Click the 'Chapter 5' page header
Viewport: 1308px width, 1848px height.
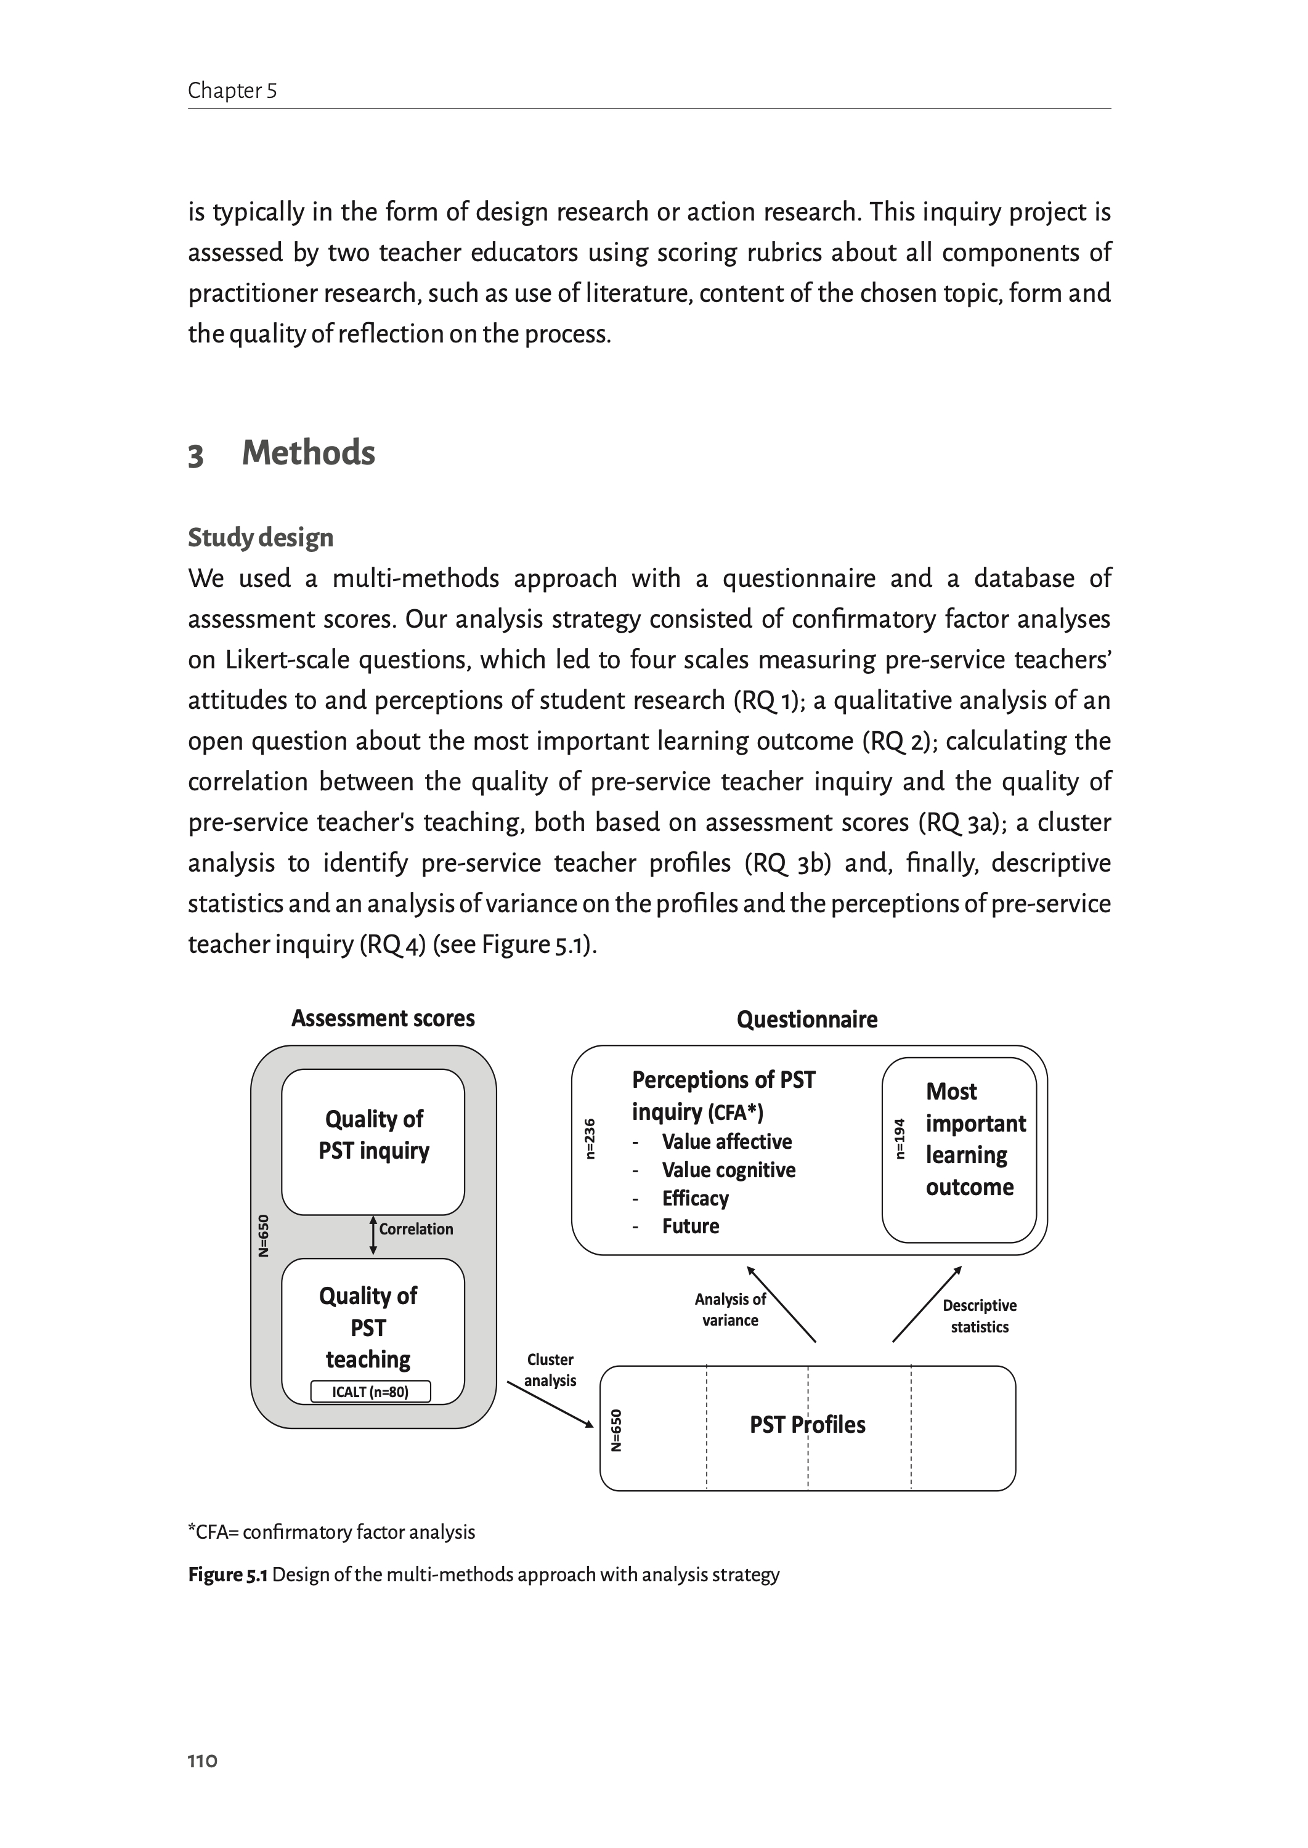click(232, 90)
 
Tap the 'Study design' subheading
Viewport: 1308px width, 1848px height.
click(260, 537)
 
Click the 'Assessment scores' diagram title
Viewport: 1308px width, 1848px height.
click(383, 1019)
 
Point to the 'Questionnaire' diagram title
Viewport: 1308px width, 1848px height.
click(806, 1019)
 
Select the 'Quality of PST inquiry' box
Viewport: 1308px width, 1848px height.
click(373, 1140)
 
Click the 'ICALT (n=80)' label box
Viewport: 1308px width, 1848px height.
click(370, 1392)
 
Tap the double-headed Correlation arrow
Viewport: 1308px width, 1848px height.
click(373, 1235)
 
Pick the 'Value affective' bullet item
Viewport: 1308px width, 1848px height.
click(726, 1142)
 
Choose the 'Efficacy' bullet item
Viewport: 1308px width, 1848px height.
click(695, 1198)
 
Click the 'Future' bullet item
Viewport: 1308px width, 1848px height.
click(690, 1226)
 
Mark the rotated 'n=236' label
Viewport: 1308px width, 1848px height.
click(590, 1138)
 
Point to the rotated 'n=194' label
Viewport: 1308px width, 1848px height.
click(900, 1138)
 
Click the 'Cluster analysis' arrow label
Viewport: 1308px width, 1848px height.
click(550, 1370)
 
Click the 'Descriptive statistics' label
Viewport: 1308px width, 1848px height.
click(980, 1316)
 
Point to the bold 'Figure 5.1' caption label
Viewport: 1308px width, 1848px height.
click(227, 1574)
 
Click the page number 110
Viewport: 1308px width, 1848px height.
click(202, 1761)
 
